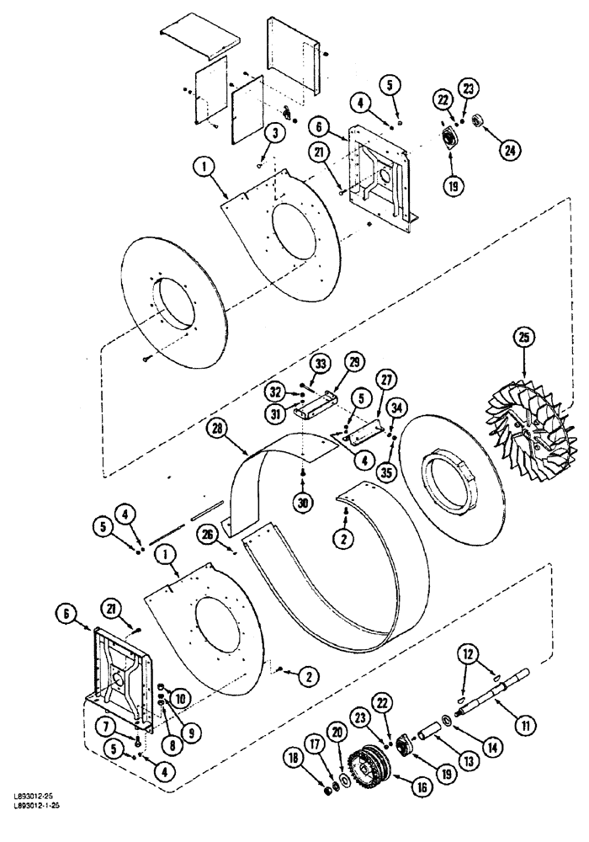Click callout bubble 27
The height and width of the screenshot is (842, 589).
pyautogui.click(x=385, y=379)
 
